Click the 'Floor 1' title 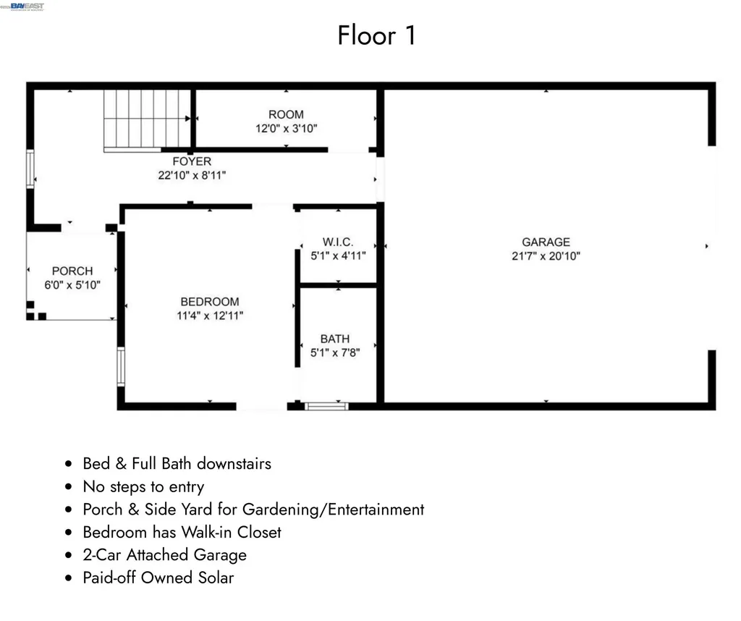click(x=376, y=35)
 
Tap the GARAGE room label click(x=546, y=242)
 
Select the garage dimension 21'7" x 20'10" click(x=546, y=255)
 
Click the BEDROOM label click(x=210, y=302)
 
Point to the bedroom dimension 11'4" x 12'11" click(x=210, y=316)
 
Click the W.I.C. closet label click(x=338, y=242)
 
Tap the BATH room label click(x=334, y=339)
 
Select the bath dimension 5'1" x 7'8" click(x=334, y=352)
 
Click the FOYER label click(x=192, y=161)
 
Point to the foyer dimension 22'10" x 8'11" click(x=192, y=175)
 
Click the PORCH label click(x=72, y=271)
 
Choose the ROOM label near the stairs click(x=286, y=114)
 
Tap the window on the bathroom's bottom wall click(x=326, y=406)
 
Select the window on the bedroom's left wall click(x=121, y=366)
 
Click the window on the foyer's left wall click(x=30, y=169)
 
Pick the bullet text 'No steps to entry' click(x=143, y=486)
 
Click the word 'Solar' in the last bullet click(x=214, y=578)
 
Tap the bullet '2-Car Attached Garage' click(x=164, y=555)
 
